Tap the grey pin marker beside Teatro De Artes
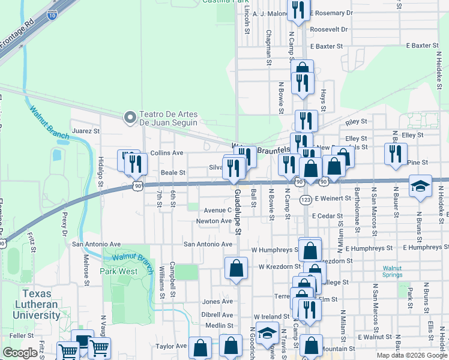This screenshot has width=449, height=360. (x=129, y=118)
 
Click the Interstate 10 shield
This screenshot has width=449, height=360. (x=52, y=16)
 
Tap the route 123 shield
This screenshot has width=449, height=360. (x=306, y=199)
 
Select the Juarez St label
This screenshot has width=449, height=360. (x=85, y=130)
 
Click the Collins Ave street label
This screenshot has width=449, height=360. (x=166, y=153)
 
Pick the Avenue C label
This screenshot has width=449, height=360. (x=217, y=210)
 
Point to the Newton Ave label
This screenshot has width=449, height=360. (x=214, y=221)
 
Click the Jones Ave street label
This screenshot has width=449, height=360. (x=217, y=301)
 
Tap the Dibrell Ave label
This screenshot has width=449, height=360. (x=217, y=314)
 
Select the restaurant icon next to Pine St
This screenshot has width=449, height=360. (x=395, y=153)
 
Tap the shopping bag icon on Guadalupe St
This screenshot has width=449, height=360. (x=237, y=268)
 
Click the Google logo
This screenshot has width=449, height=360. (x=20, y=353)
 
